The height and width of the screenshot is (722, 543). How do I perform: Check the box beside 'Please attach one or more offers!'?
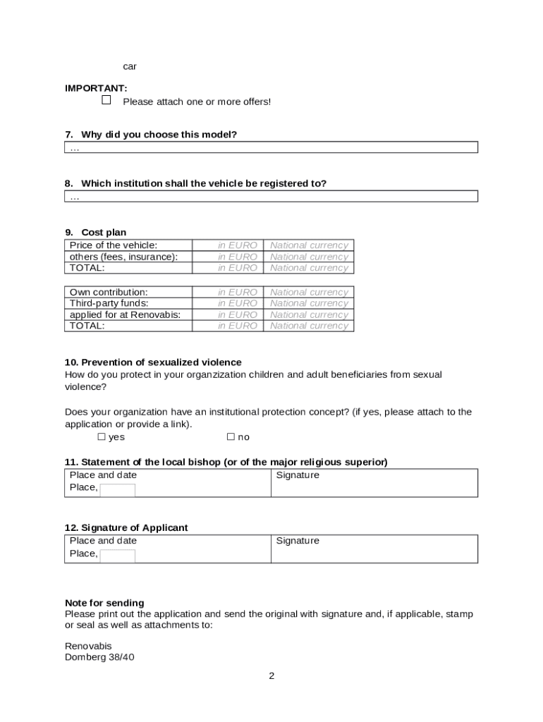coord(106,100)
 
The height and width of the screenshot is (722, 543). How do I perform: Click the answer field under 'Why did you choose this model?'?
coord(271,147)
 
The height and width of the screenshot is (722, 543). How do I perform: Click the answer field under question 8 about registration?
coord(271,196)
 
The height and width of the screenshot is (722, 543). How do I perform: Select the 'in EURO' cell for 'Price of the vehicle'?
coord(237,245)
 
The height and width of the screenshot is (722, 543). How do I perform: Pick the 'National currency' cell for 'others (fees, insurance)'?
coord(309,257)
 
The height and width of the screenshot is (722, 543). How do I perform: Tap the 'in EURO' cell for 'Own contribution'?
coord(237,292)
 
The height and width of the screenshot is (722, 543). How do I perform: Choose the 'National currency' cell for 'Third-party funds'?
coord(309,303)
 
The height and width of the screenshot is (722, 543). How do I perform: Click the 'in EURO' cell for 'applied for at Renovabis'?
coord(237,314)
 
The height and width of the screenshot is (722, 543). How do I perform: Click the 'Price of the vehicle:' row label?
coord(113,245)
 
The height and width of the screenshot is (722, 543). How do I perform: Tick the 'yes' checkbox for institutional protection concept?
coord(102,437)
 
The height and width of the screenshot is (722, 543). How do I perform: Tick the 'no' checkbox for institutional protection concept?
coord(231,437)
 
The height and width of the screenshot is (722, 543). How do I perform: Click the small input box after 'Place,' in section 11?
coord(117,490)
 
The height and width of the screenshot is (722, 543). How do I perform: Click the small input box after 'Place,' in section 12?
coord(117,556)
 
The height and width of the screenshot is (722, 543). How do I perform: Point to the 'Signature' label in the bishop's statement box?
coord(298,475)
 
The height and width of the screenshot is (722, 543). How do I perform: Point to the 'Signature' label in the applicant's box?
coord(298,541)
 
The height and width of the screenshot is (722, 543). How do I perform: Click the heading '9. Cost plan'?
coord(96,233)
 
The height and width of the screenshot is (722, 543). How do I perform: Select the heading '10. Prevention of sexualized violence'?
coord(153,362)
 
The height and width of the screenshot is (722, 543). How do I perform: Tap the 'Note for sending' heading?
coord(104,603)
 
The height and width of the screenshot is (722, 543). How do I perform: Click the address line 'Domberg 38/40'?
coord(99,657)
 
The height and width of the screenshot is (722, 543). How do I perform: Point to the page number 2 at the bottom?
coord(271,676)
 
